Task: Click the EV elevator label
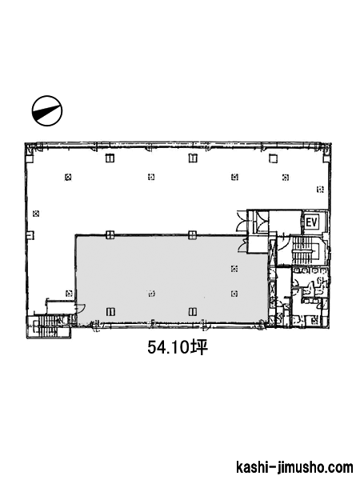tap(312, 222)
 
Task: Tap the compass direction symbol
tap(47, 110)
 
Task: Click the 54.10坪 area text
tap(178, 348)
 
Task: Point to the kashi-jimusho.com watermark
tap(294, 468)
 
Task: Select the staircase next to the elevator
tap(305, 250)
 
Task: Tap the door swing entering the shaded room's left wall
tap(81, 309)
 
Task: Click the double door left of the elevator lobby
tap(242, 221)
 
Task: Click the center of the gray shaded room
tap(172, 278)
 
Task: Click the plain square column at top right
tap(273, 158)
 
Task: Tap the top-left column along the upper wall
tap(110, 158)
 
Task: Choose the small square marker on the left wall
tap(30, 235)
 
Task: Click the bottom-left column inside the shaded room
tap(110, 312)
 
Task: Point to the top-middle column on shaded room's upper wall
tap(193, 235)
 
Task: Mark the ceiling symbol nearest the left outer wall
tap(36, 214)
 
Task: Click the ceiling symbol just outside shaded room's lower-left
tap(69, 294)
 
